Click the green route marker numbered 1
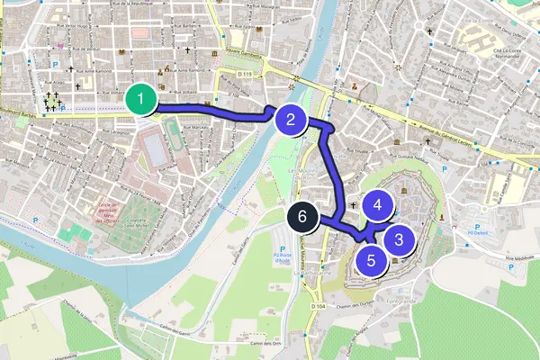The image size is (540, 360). pos(139,99)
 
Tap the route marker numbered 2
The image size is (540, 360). pos(290,119)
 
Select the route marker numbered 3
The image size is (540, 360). pos(399,239)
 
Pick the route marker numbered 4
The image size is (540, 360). pos(378,205)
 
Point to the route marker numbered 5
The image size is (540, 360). pos(371,260)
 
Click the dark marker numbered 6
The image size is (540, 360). pos(303,217)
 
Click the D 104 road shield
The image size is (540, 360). pos(318,307)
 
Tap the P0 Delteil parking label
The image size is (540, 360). pos(476,234)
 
